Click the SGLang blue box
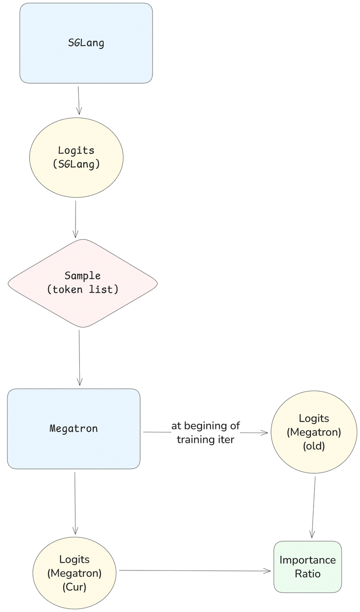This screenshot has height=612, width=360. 86,43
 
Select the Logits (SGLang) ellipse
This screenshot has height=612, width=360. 76,157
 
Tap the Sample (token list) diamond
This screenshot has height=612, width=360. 82,283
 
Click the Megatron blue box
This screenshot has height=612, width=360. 74,428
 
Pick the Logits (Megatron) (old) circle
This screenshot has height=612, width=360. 314,432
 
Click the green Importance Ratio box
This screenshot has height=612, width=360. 307,567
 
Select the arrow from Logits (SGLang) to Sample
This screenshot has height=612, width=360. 76,219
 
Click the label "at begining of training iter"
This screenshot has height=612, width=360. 206,433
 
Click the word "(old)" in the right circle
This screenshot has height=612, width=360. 314,446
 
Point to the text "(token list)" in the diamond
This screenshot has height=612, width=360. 83,289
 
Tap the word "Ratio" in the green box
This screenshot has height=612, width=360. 307,573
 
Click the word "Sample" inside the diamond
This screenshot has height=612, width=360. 83,276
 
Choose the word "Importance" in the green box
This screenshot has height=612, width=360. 307,560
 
